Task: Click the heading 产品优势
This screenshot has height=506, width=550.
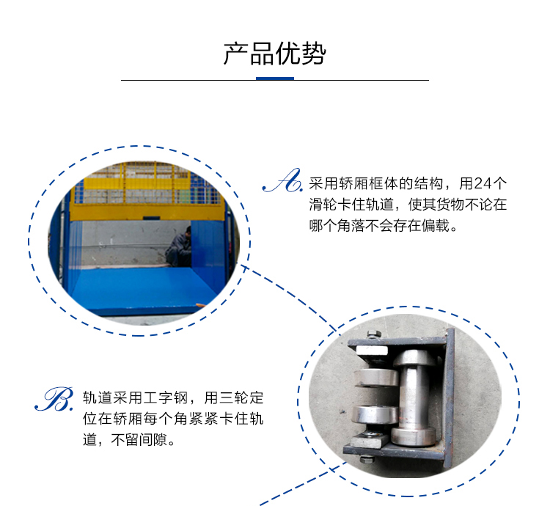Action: point(274,54)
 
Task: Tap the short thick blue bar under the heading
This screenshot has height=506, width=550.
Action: point(274,78)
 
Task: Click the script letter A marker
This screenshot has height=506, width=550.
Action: point(282,181)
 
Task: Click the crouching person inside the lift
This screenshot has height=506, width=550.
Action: point(179,246)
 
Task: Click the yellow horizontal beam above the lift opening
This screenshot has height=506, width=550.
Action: point(147,212)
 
